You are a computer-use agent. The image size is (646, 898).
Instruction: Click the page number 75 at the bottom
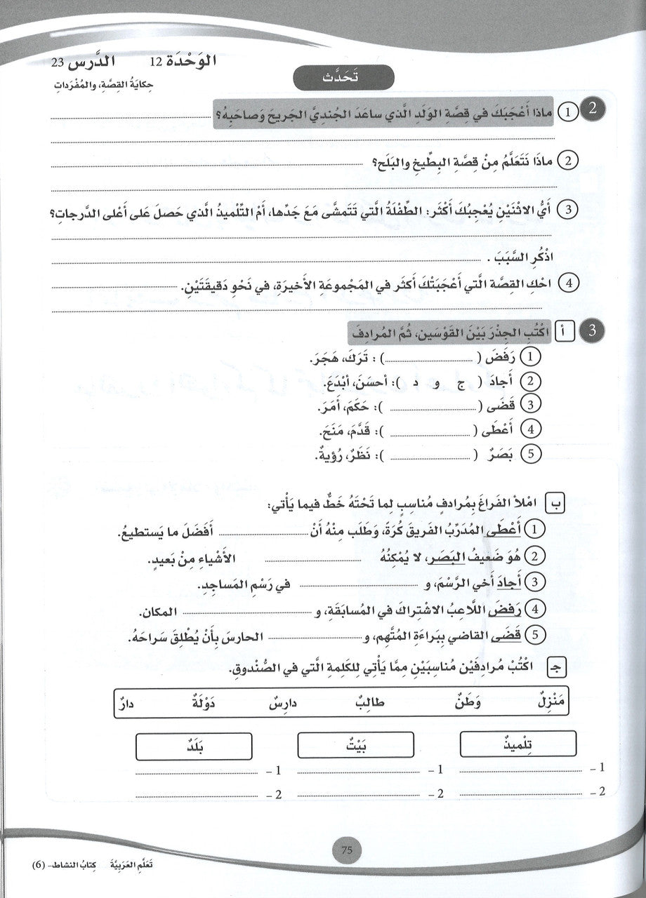(345, 851)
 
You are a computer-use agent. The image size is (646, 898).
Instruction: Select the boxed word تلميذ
(518, 744)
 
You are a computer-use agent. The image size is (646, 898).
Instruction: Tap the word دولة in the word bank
(205, 700)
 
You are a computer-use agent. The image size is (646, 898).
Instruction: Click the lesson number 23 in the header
(58, 63)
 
